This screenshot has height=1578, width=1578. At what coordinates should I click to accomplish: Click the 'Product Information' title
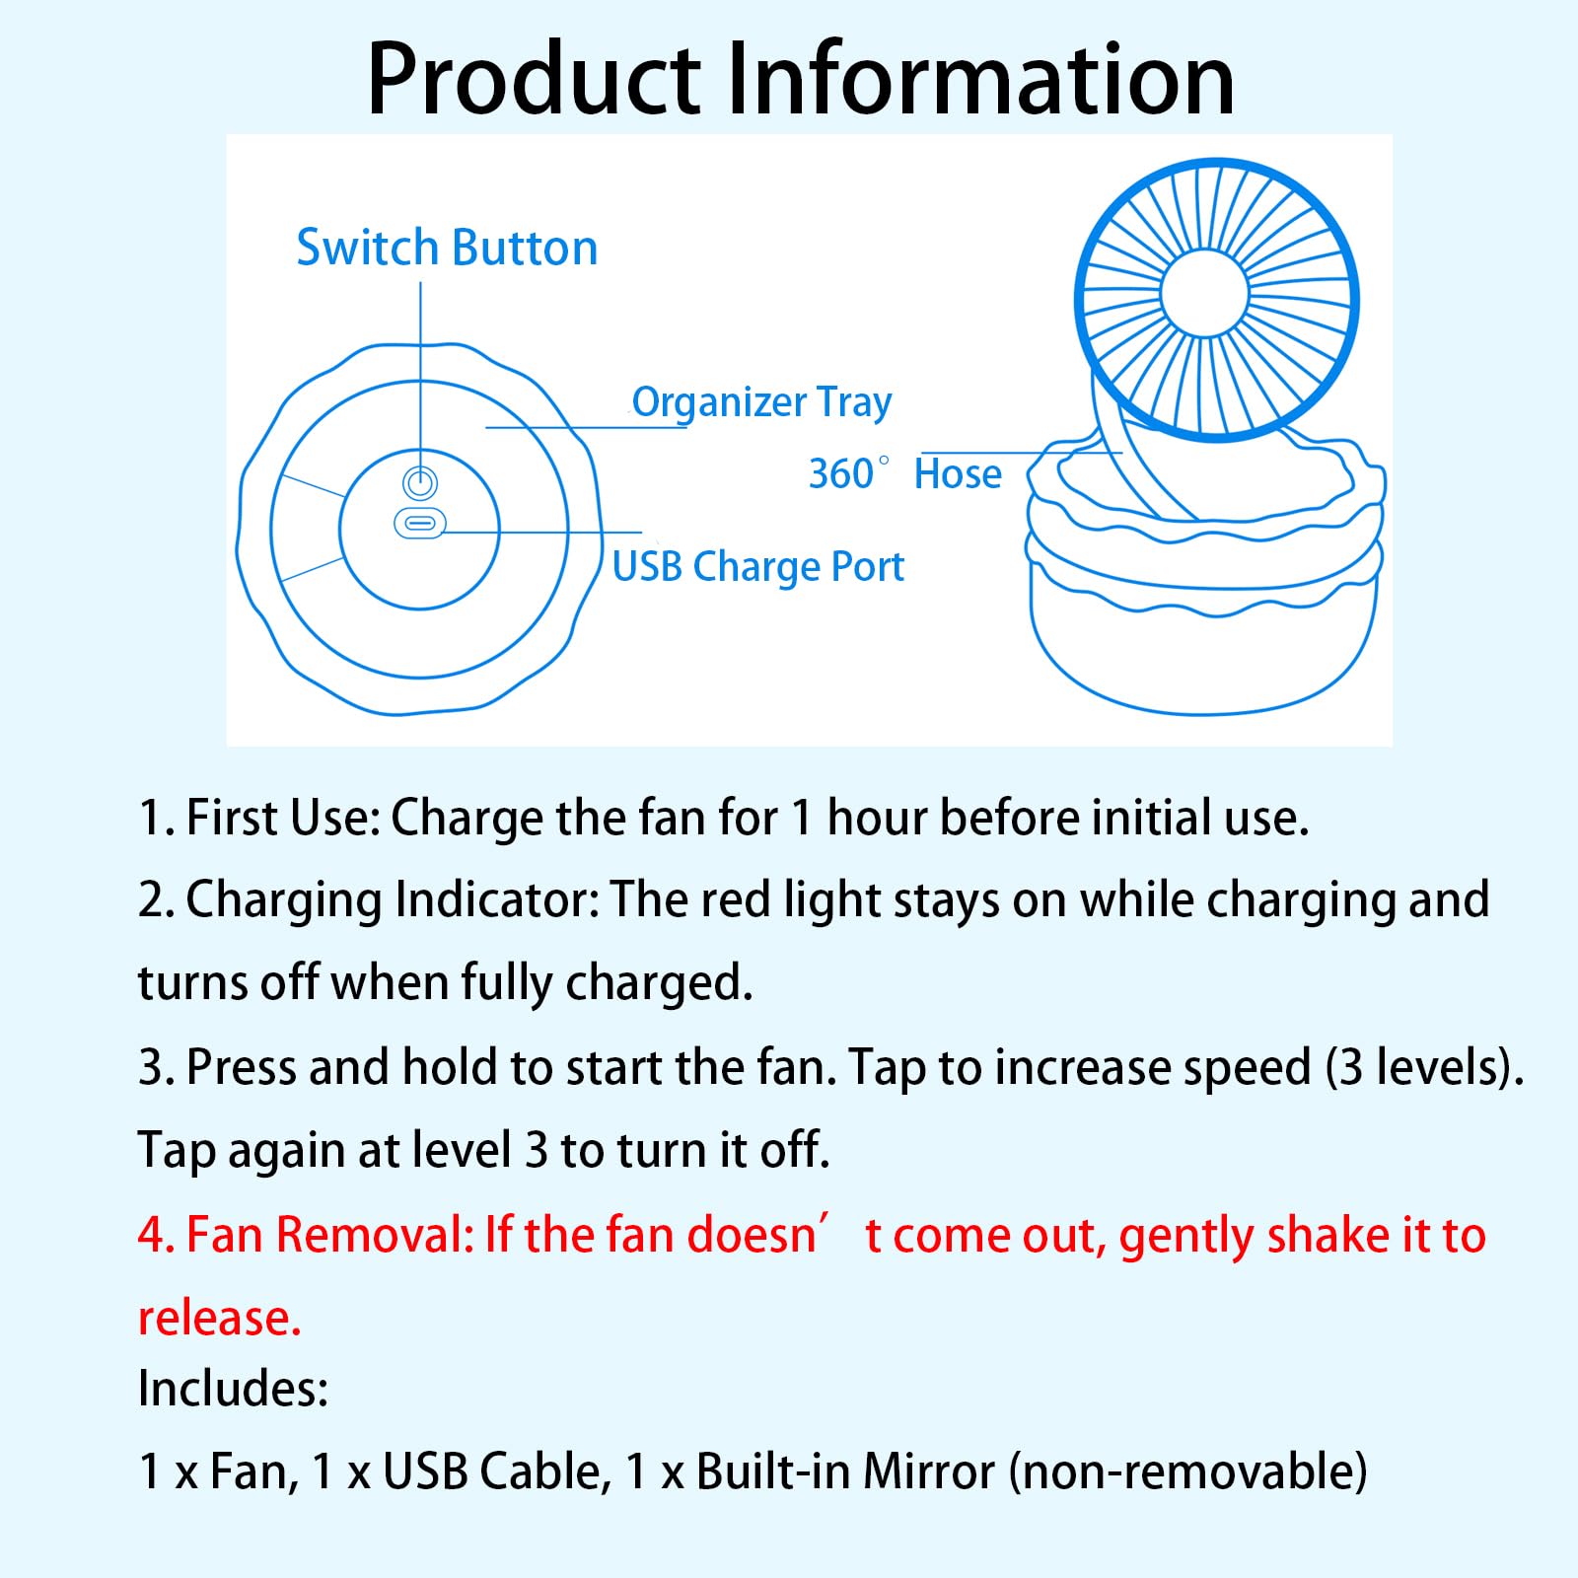point(800,79)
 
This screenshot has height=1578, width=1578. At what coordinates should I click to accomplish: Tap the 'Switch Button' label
point(447,248)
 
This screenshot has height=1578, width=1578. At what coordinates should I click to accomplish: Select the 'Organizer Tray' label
point(761,402)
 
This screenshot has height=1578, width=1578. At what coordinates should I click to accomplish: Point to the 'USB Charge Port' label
point(757,567)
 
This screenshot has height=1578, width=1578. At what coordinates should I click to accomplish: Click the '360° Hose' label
point(904,474)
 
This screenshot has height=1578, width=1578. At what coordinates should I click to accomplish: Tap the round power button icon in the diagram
point(420,483)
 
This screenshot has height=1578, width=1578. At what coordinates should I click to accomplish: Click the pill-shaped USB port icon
point(420,523)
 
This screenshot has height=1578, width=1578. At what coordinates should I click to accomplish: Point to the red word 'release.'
point(219,1319)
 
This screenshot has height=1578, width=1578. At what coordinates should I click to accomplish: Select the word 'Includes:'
point(233,1389)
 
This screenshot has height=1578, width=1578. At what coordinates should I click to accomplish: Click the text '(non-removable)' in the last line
point(1187,1472)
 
